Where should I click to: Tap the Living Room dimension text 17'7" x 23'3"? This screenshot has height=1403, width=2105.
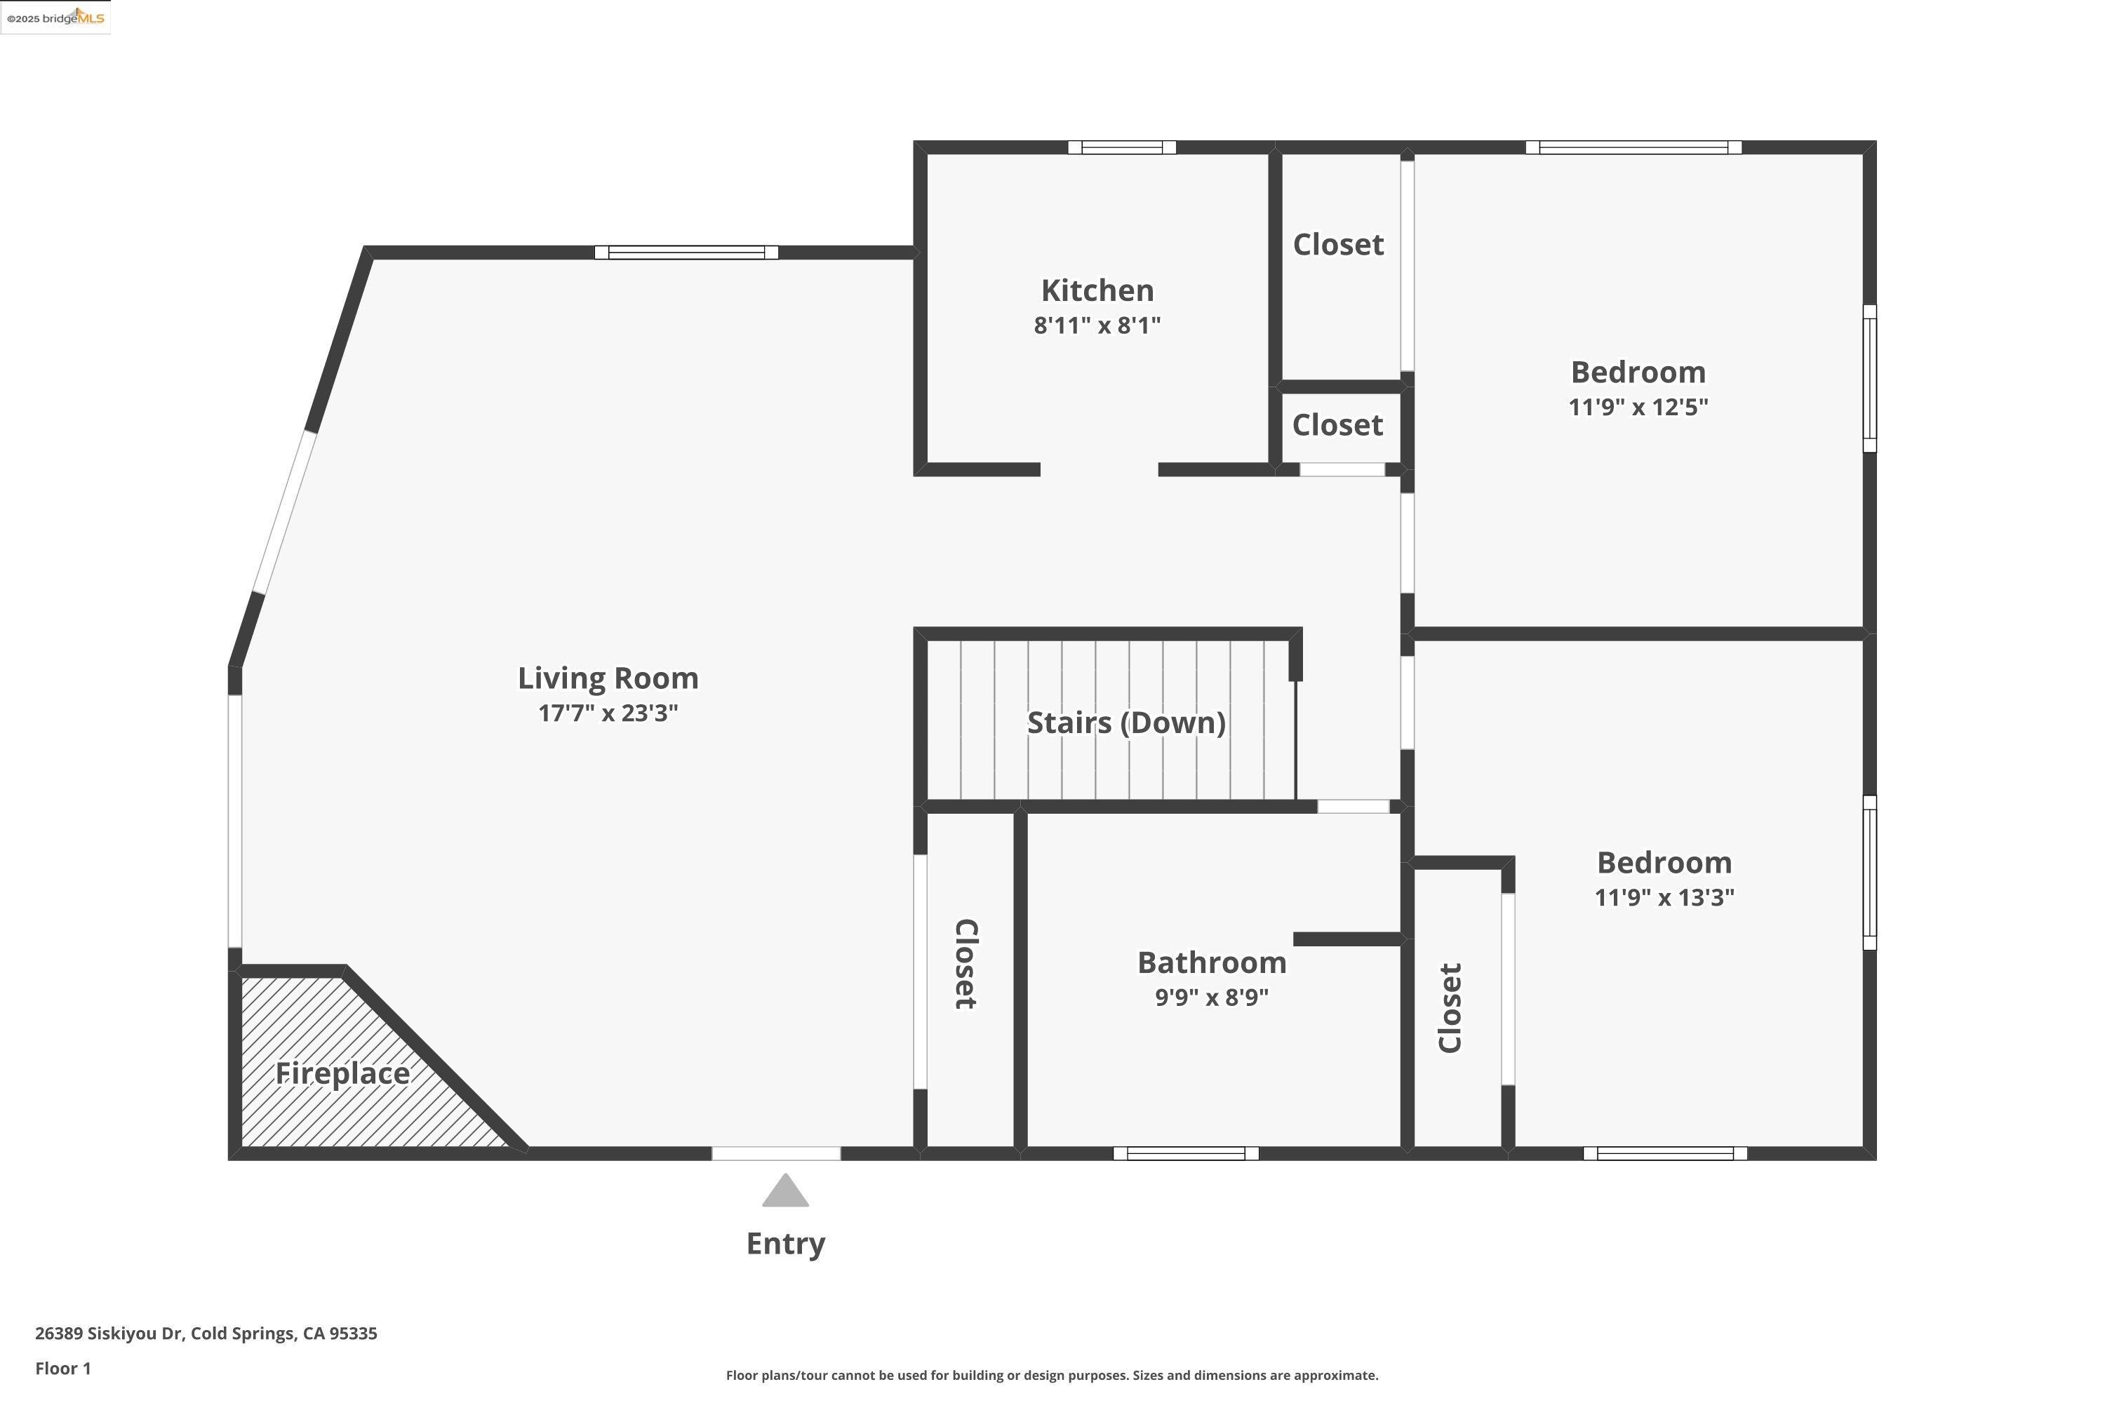tap(608, 713)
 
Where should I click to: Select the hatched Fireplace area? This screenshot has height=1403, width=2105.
tap(340, 1074)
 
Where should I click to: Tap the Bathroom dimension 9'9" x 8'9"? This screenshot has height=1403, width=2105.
tap(1211, 997)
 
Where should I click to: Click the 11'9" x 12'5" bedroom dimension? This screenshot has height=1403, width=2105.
tap(1637, 407)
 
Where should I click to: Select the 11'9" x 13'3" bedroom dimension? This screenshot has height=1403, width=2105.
tap(1663, 897)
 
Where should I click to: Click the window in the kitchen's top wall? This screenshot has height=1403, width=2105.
tap(1121, 147)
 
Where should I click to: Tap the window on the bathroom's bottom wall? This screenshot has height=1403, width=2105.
tap(1185, 1153)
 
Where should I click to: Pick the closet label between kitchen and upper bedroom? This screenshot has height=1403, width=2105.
tap(1338, 244)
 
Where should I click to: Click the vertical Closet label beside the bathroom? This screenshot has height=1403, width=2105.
tap(965, 964)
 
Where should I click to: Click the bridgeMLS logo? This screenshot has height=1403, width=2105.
tap(55, 18)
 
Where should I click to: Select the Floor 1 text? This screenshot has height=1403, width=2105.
tap(62, 1368)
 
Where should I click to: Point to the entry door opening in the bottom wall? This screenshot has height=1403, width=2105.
tap(776, 1153)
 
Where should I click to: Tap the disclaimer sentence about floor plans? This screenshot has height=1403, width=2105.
tap(1052, 1375)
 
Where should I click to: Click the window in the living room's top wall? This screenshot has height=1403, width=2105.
tap(686, 253)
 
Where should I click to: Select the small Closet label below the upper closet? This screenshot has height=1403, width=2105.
tap(1337, 425)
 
